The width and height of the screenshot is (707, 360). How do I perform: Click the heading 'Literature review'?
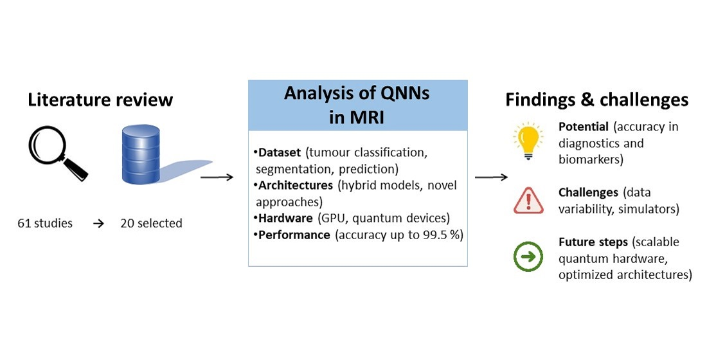(x=100, y=100)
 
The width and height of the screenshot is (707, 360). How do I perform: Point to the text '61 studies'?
(x=45, y=224)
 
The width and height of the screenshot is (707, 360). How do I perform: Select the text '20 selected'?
(x=151, y=224)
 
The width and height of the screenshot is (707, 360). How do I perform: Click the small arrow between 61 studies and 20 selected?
(x=98, y=224)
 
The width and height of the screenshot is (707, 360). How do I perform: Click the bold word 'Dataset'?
(x=280, y=153)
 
